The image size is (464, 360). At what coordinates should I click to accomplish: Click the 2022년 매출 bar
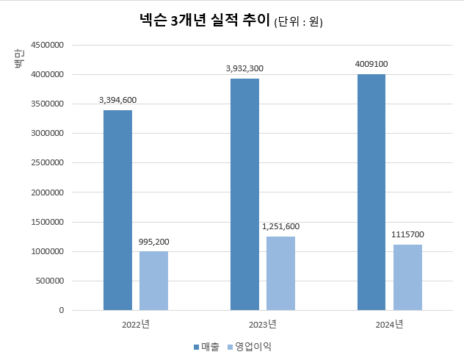117,210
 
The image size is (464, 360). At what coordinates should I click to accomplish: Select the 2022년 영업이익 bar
153,281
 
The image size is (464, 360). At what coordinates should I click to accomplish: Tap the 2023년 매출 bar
244,194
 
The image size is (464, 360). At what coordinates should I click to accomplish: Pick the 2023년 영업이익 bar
280,273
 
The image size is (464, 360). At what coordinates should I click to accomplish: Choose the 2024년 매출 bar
371,192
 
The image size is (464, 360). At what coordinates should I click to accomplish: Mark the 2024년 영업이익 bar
407,277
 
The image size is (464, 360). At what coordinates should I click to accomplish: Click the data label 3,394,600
117,100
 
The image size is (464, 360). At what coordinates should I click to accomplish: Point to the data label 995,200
153,241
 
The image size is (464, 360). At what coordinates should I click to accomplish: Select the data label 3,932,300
244,68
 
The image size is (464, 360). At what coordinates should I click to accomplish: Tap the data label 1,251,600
280,226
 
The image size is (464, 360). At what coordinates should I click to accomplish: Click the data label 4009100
371,64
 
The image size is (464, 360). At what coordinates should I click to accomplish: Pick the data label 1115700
407,234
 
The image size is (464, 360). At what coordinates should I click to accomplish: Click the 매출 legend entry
206,346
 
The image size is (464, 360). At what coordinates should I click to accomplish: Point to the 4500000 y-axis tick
46,45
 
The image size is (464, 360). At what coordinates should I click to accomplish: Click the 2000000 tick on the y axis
46,192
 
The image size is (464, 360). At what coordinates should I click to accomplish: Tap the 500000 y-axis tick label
48,281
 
